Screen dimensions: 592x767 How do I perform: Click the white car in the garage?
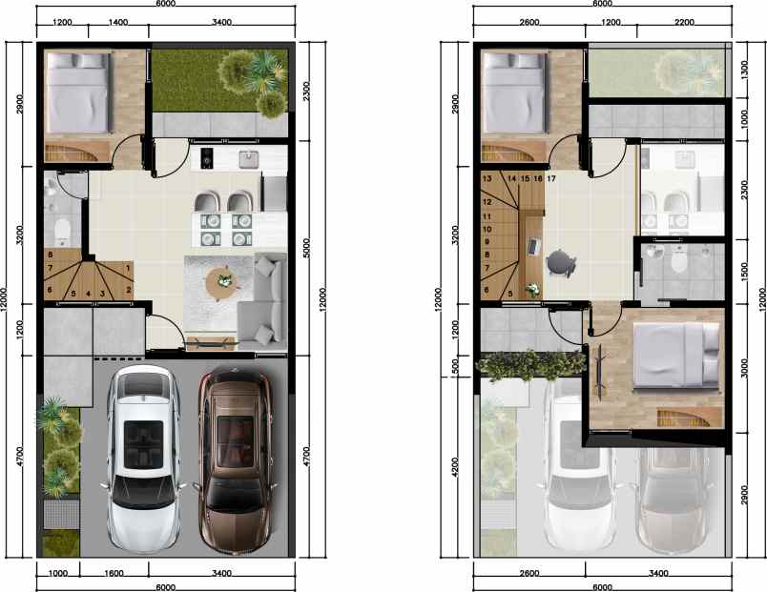coord(142,458)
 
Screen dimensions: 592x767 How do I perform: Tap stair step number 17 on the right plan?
coord(551,178)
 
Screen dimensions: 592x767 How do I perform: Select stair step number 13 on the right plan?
coord(487,178)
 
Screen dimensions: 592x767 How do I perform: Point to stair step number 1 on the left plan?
coord(128,268)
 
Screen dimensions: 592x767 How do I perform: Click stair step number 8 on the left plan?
coord(49,255)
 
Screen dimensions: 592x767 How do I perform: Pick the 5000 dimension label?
coord(305,248)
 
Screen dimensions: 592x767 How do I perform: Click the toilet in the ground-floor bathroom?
coord(62,229)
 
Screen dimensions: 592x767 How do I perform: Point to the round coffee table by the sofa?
coord(223,280)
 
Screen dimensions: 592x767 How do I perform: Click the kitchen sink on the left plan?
coord(251,157)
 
